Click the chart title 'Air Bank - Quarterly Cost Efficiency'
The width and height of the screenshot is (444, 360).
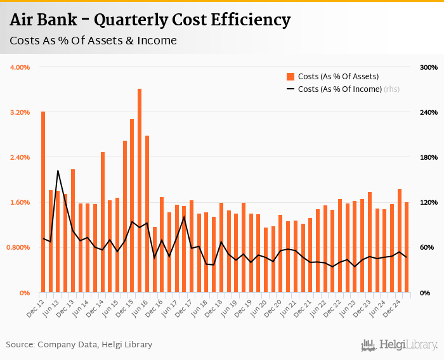tap(150, 20)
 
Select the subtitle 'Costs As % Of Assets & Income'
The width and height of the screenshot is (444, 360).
tap(93, 41)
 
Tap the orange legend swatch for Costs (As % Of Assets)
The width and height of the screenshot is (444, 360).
tap(291, 77)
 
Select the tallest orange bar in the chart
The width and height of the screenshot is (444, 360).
tap(140, 190)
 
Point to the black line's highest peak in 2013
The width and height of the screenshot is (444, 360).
tap(58, 170)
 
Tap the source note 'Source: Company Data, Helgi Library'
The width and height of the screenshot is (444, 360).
tap(79, 345)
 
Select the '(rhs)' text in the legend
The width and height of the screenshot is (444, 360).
tap(391, 89)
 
